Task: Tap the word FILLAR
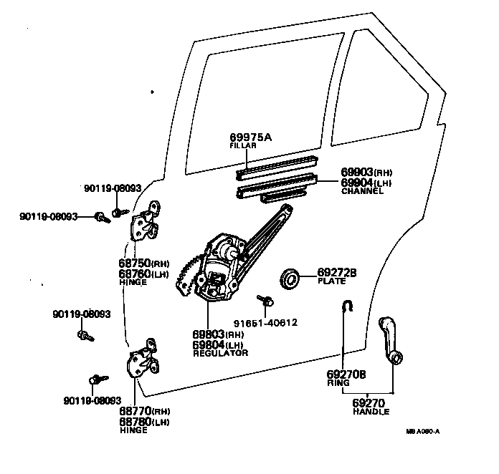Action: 242,146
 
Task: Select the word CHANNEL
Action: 363,192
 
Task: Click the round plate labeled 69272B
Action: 290,279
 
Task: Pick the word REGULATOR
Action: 220,354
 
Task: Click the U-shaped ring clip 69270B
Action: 346,306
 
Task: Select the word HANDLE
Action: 371,412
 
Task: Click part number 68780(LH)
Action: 144,422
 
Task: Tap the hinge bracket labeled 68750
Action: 146,223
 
